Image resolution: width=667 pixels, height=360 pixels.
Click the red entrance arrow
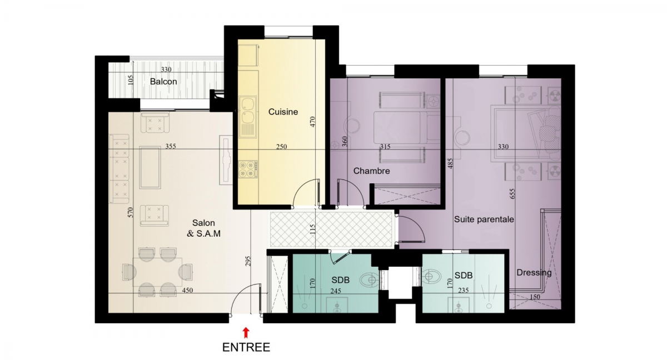[x=246, y=333]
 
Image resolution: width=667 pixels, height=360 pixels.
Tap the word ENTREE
[x=246, y=347]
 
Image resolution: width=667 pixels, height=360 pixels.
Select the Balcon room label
[x=163, y=82]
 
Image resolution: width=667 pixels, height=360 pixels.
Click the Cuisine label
[x=283, y=112]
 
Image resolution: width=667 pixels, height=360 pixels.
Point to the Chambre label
[x=371, y=171]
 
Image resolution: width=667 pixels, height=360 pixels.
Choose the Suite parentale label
[x=484, y=219]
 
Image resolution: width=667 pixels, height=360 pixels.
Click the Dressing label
[x=534, y=273]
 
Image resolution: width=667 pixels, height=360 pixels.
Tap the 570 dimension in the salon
[x=131, y=212]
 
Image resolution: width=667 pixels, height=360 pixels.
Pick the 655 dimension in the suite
[x=512, y=194]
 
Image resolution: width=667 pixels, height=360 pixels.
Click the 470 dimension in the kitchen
[x=312, y=122]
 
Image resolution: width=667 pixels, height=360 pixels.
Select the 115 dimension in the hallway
[x=312, y=229]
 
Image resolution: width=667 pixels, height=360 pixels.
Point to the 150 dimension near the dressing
[x=535, y=297]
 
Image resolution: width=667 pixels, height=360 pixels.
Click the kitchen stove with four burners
[x=248, y=169]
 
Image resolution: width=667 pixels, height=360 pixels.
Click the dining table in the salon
[x=157, y=272]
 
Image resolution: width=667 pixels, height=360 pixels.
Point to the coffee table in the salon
[x=150, y=167]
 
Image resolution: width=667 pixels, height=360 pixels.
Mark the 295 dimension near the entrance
[x=248, y=261]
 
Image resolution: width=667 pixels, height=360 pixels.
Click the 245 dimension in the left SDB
[x=336, y=291]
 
